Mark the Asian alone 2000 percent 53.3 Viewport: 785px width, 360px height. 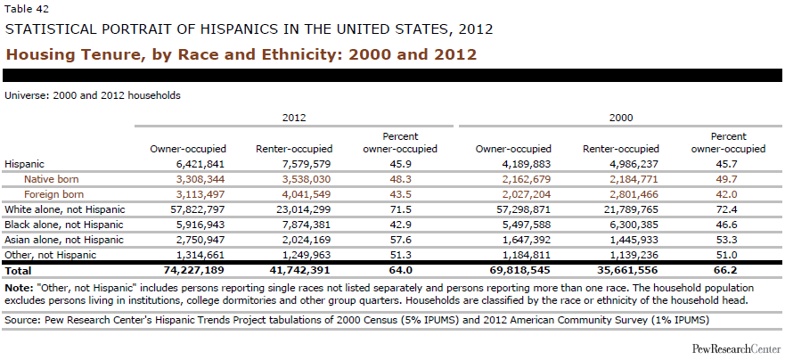[x=729, y=240]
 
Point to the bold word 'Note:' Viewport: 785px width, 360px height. [x=20, y=287]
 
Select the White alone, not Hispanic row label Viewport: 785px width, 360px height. [x=64, y=209]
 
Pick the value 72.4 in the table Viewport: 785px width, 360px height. [x=729, y=209]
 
